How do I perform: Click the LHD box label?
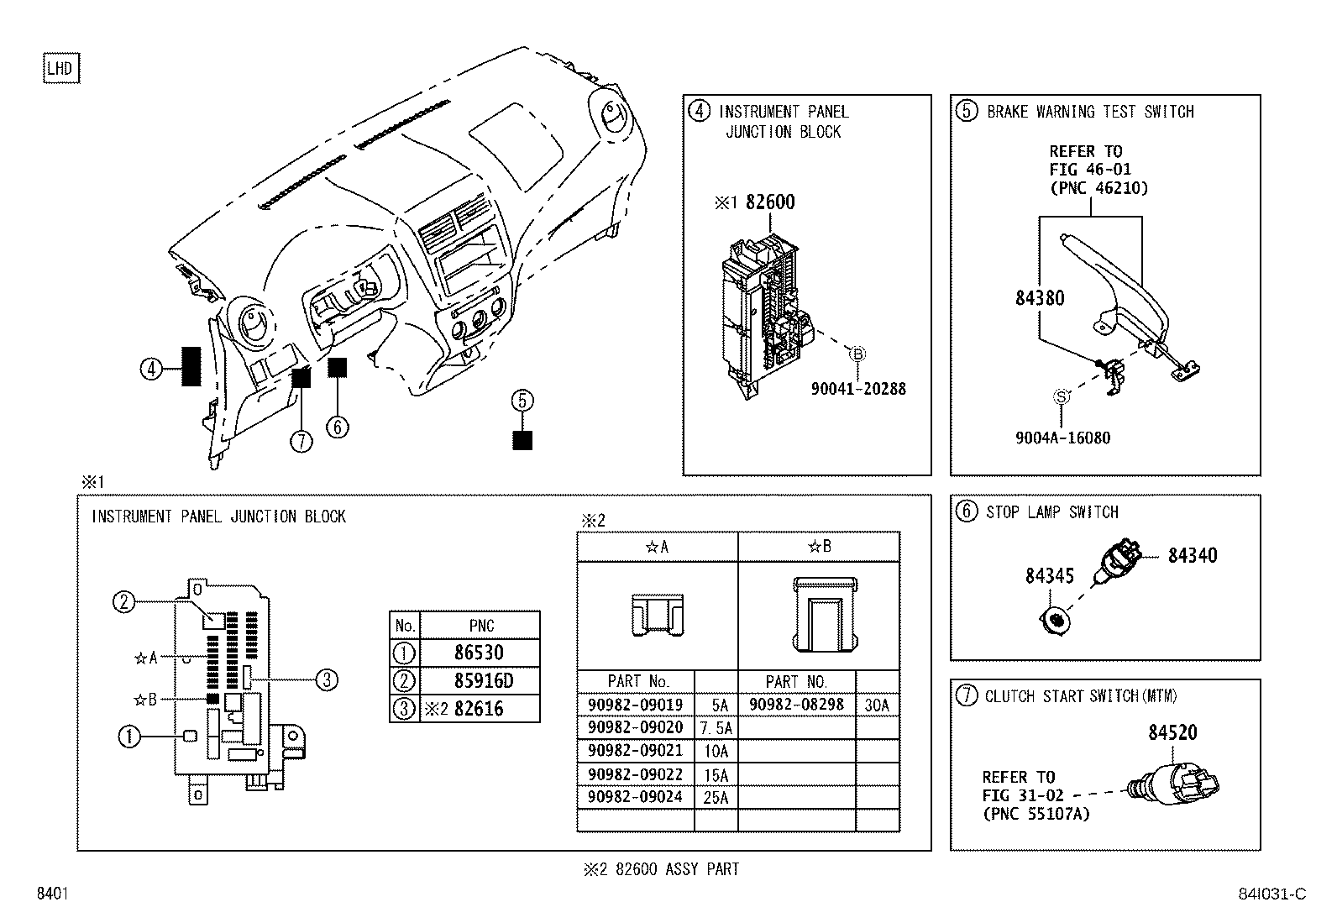[x=60, y=69]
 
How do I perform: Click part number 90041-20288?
[x=857, y=389]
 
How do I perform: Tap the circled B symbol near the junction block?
[x=857, y=354]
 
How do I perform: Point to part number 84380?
[x=1040, y=298]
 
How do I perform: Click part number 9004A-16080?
[x=1062, y=438]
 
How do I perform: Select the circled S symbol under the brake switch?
[x=1061, y=397]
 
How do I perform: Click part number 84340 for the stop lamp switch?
[x=1192, y=555]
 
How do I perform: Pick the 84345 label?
[x=1049, y=576]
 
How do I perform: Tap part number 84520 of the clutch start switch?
[x=1172, y=732]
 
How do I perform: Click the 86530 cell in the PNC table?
[x=479, y=653]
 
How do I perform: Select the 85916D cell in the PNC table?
[x=479, y=680]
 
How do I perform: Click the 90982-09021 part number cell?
[x=635, y=750]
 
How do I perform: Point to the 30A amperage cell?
[x=877, y=705]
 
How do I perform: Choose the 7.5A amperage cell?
[x=716, y=727]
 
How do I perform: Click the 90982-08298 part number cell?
[x=795, y=705]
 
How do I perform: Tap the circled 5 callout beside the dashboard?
[x=522, y=401]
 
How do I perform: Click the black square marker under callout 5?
[x=522, y=440]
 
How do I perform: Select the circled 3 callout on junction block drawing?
[x=326, y=680]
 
